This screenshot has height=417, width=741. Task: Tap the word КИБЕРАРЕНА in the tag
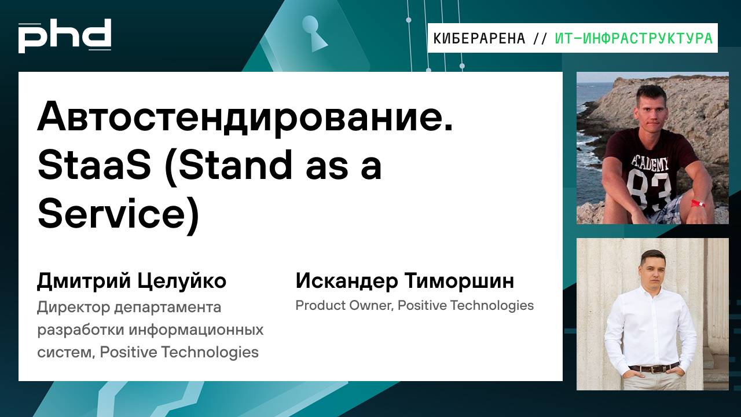479,39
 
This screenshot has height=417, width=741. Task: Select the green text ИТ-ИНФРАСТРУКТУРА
633,39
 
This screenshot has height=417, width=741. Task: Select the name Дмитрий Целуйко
131,281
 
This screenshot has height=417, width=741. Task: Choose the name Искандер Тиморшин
405,281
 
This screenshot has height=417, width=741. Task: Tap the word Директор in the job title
68,306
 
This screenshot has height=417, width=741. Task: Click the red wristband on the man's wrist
698,204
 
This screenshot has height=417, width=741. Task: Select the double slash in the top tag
540,39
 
